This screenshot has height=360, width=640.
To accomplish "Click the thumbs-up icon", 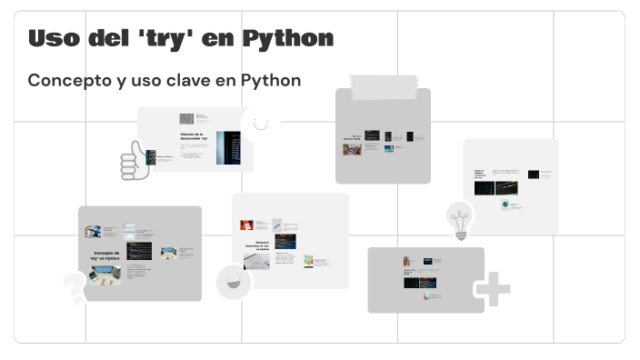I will pyautogui.click(x=135, y=162).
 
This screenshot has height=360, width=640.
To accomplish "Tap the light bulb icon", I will pyautogui.click(x=461, y=220).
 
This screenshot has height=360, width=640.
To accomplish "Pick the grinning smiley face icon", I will pyautogui.click(x=234, y=283).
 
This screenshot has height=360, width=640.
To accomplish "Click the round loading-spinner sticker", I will pyautogui.click(x=260, y=123).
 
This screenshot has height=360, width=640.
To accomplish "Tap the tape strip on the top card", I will pyautogui.click(x=383, y=86).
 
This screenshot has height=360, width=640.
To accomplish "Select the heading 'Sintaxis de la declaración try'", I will pyautogui.click(x=194, y=137).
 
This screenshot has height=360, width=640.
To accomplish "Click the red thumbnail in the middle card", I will pyautogui.click(x=246, y=225).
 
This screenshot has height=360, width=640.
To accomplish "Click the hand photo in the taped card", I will pyautogui.click(x=352, y=149).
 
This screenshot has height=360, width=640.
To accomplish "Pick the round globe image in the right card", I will pyautogui.click(x=504, y=205).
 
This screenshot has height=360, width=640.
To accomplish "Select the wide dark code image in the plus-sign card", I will pyautogui.click(x=421, y=283).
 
